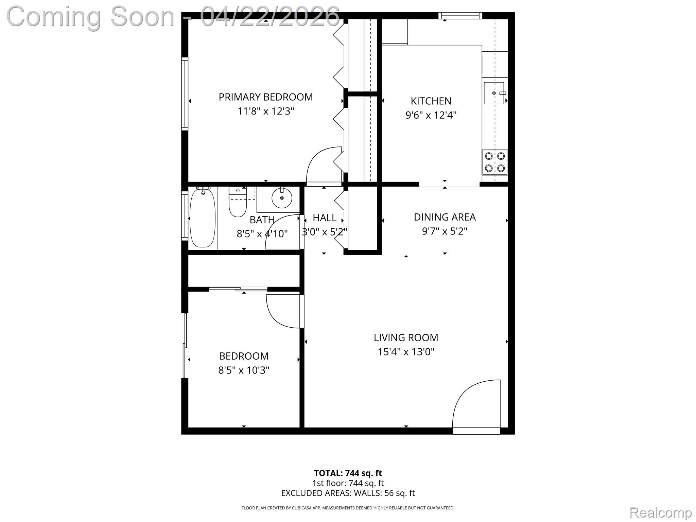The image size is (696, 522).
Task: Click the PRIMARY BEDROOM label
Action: [265, 97]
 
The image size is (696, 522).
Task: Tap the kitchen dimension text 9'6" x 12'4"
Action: [431, 115]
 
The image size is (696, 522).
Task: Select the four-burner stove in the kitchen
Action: [494, 162]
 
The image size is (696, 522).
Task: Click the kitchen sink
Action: [493, 93]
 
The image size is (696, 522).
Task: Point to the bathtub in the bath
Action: [203, 218]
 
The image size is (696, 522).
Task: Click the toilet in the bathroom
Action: [238, 203]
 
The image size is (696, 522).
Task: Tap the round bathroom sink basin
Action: [282, 198]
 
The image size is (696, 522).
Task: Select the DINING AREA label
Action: [445, 217]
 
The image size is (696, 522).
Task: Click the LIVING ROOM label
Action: [406, 337]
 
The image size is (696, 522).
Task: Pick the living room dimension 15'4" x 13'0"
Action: [406, 352]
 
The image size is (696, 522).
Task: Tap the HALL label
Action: [325, 218]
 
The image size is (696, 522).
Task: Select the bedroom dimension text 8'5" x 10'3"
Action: [244, 370]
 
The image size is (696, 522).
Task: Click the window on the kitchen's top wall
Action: [460, 15]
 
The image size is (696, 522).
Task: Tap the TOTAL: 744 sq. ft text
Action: [348, 473]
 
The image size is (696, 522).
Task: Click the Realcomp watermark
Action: [660, 512]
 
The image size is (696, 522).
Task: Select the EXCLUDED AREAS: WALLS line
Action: [348, 493]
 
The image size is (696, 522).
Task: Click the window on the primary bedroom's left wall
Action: [185, 94]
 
